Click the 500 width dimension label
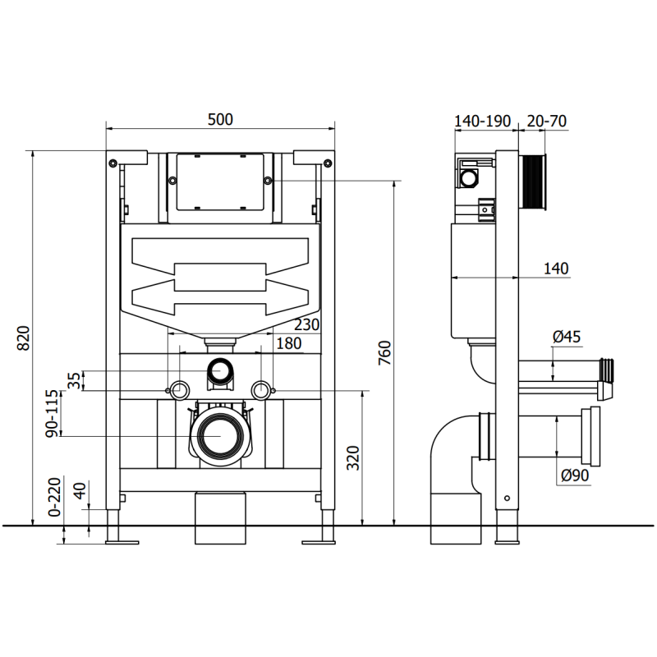[x=220, y=119]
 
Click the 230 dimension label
[x=306, y=325]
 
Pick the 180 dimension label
[x=287, y=344]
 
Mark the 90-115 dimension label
[x=52, y=413]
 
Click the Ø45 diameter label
[x=567, y=336]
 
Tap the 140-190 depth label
[x=483, y=121]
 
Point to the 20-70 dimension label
[x=546, y=121]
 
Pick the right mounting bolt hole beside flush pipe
[x=261, y=388]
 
